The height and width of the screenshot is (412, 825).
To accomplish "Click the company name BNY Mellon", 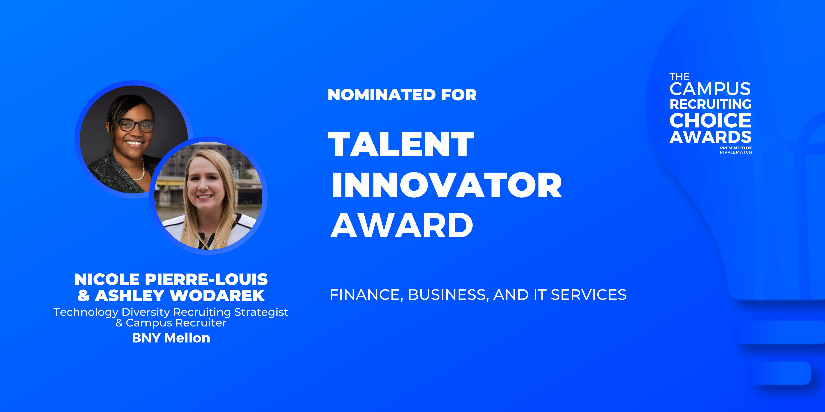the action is (171, 338).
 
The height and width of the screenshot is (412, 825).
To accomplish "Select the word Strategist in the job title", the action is (261, 312).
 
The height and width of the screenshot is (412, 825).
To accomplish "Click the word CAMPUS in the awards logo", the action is (710, 89).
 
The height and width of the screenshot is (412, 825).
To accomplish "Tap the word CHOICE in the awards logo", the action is (710, 120).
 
